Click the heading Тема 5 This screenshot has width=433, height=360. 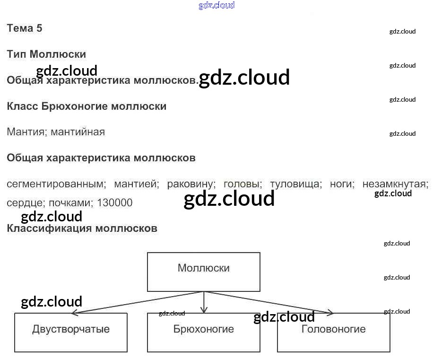25,28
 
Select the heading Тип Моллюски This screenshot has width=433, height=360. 46,54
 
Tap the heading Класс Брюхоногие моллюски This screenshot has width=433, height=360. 87,106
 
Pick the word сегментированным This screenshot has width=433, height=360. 55,184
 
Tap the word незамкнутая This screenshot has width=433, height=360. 395,184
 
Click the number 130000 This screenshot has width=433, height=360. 115,203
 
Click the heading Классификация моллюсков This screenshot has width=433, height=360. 82,228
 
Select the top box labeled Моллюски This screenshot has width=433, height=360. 203,272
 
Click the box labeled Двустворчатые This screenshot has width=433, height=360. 71,332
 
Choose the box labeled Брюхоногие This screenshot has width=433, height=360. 203,332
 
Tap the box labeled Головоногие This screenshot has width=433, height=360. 333,332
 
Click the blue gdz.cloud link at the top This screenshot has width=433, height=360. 216,6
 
